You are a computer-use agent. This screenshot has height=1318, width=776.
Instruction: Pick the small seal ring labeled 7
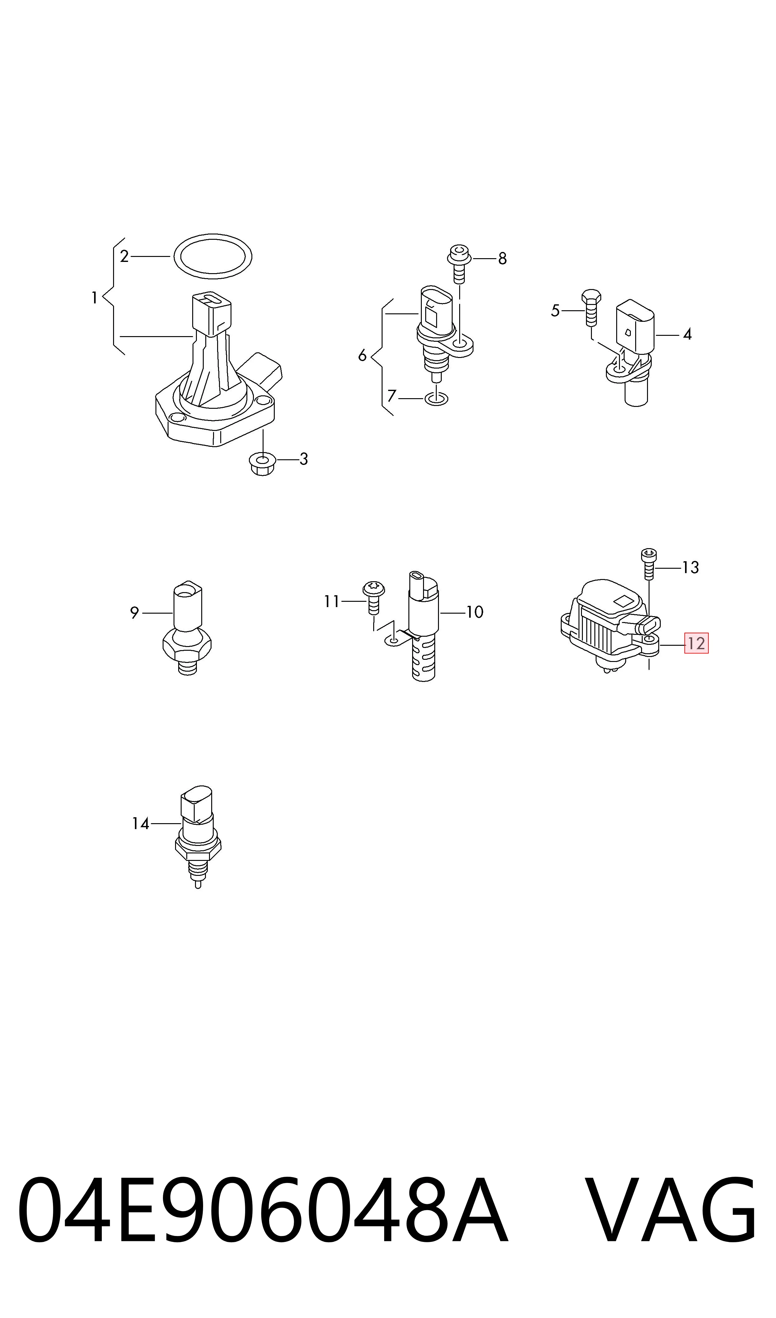tap(436, 399)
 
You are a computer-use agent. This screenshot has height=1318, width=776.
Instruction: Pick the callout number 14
tap(141, 823)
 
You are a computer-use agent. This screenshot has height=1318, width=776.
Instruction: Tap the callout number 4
tap(687, 334)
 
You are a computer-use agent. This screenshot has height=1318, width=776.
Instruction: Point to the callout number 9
tap(134, 613)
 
